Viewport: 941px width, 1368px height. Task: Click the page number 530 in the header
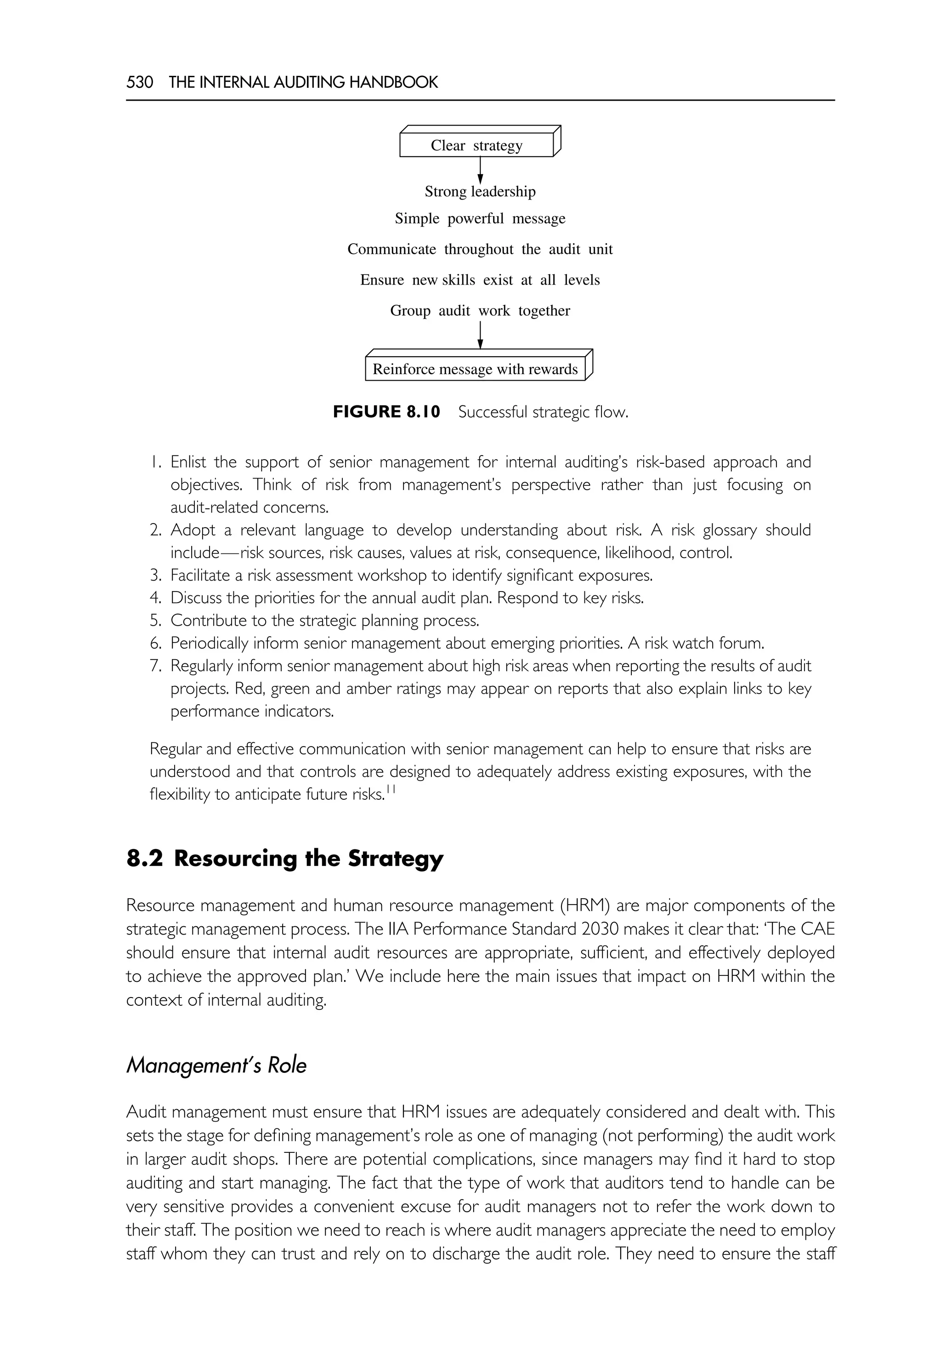140,82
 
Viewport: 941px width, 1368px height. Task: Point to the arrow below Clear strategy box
480,171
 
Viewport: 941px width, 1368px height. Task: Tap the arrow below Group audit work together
480,335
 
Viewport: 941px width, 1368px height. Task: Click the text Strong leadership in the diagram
480,192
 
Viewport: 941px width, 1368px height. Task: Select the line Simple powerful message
480,219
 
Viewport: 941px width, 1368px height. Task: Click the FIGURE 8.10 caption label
386,412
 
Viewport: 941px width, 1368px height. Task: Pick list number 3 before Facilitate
156,575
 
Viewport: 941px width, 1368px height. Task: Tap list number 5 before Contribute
156,621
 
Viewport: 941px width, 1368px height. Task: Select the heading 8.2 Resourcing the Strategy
285,858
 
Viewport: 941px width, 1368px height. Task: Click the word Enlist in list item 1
188,462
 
